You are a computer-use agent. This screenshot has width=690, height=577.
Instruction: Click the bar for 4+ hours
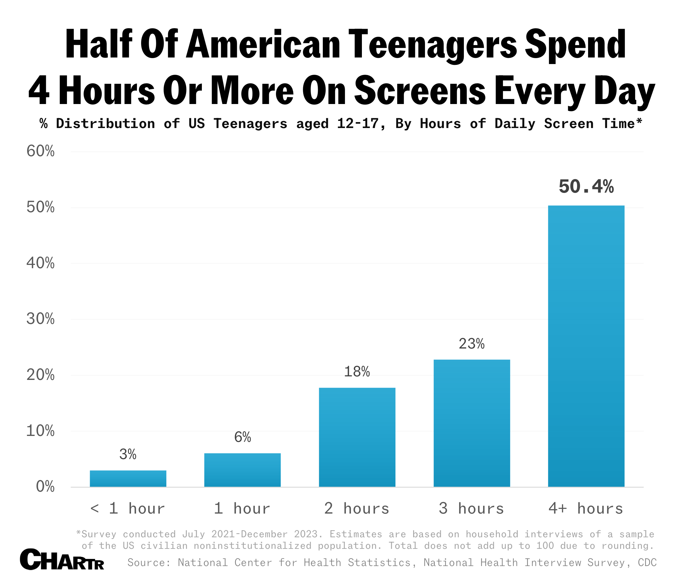[x=586, y=346]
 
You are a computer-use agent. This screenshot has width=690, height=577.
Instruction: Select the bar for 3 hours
[x=472, y=423]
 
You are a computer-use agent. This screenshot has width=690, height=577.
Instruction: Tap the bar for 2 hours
[x=357, y=437]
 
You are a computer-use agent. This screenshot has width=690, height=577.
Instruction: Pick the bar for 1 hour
[x=242, y=470]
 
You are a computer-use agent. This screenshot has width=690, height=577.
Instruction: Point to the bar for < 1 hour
[x=128, y=478]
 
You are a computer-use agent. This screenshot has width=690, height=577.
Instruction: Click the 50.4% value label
[x=586, y=187]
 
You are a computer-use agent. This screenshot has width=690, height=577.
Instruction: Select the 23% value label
[x=472, y=344]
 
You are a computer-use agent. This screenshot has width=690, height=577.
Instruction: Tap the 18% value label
[x=357, y=372]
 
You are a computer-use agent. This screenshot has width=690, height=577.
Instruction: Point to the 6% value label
[x=242, y=437]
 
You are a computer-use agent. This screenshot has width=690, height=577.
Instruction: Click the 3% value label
[x=128, y=454]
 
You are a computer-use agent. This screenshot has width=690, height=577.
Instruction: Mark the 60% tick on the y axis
[x=40, y=151]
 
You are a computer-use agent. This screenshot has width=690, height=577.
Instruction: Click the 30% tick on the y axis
[x=40, y=319]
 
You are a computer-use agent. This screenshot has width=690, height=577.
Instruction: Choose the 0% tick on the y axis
[x=45, y=487]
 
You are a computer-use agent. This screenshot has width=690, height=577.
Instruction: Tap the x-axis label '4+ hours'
[x=586, y=509]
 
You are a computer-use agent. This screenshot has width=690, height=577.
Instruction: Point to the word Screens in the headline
[x=420, y=90]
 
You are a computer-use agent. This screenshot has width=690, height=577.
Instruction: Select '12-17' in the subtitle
[x=358, y=124]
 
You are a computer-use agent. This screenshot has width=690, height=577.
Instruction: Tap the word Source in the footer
[x=148, y=562]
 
